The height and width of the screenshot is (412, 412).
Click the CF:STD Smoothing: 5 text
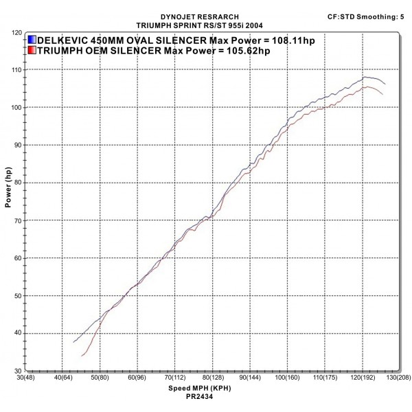pos(365,14)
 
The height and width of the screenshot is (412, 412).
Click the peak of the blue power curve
pos(365,77)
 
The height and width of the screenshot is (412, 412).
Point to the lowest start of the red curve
pos(82,356)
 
